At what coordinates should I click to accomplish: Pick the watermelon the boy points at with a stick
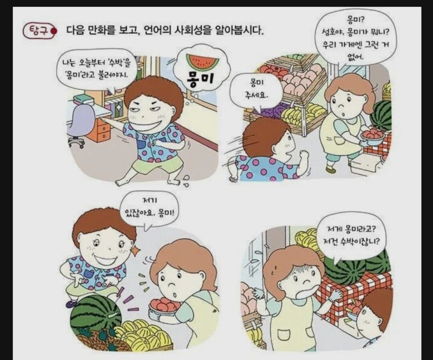pyautogui.click(x=95, y=314)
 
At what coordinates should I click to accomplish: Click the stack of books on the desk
pyautogui.click(x=83, y=99)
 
